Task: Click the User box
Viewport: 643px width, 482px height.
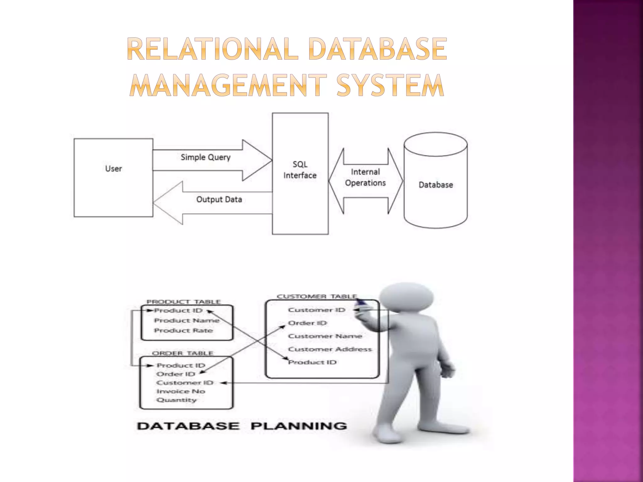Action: tap(113, 178)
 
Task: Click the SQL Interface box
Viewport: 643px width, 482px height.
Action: tap(300, 174)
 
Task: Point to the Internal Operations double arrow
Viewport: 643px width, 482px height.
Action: tap(365, 181)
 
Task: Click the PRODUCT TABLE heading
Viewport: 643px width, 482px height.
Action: tap(184, 302)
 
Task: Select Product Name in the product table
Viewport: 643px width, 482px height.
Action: tap(187, 320)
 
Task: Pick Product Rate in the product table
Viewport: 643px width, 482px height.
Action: tap(183, 330)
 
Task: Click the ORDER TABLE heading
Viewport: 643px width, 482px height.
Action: tap(182, 353)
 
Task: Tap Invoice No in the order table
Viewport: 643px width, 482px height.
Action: tap(181, 391)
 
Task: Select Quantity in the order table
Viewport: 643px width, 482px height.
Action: tap(176, 400)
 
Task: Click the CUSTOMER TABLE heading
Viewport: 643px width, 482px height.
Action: tap(317, 296)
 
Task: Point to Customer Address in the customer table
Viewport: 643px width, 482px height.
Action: tap(330, 349)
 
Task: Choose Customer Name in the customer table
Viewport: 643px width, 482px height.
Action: tap(325, 336)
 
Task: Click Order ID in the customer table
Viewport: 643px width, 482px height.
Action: tap(307, 323)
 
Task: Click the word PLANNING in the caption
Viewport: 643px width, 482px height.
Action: tap(299, 426)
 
